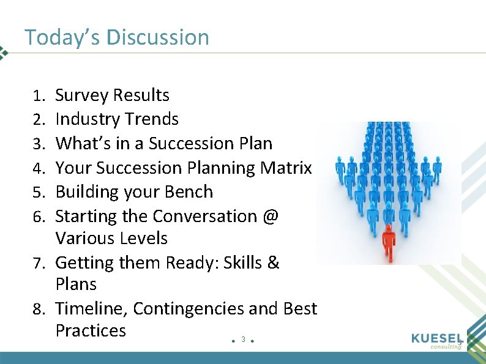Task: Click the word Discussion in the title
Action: (157, 37)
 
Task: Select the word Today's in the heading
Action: (62, 37)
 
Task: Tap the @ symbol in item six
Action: (270, 217)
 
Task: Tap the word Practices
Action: (91, 330)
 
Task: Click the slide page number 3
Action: (243, 339)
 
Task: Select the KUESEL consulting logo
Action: (436, 340)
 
